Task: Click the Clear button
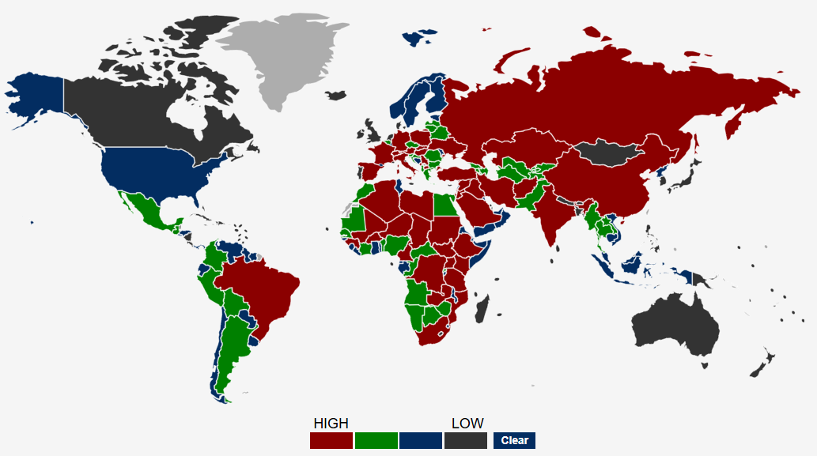[514, 440]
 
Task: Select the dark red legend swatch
[331, 440]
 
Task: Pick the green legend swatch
[376, 440]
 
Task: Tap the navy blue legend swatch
[421, 440]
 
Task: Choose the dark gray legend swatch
[465, 440]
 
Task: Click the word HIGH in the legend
[331, 424]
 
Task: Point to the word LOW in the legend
[467, 424]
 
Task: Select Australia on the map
[676, 324]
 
